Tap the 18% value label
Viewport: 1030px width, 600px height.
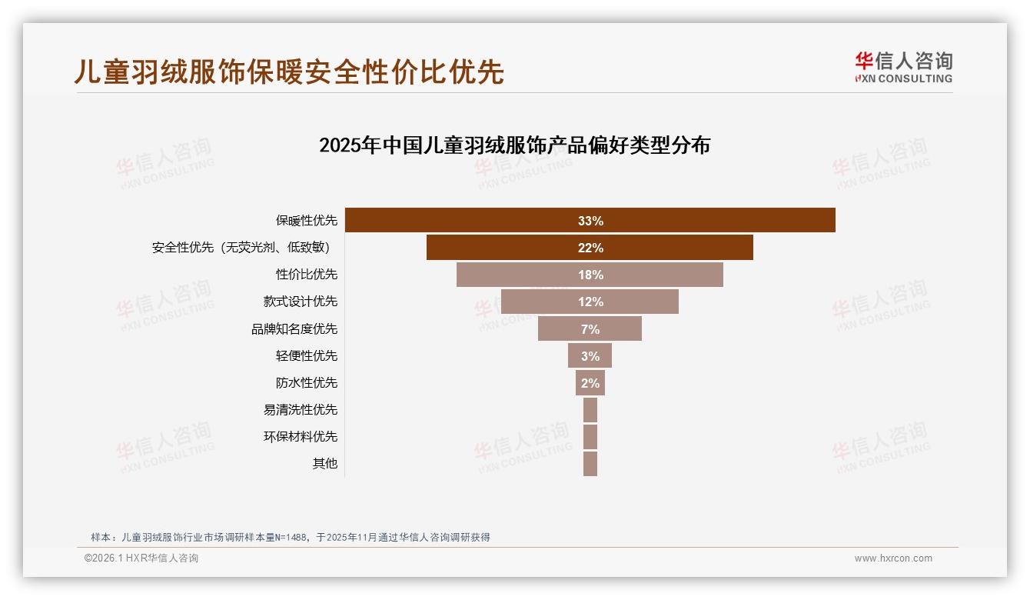pos(590,275)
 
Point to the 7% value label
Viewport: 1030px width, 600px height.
pos(590,329)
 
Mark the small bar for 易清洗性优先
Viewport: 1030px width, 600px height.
pos(590,410)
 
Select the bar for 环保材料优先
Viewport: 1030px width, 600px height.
pos(590,437)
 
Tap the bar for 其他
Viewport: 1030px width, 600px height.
pos(590,464)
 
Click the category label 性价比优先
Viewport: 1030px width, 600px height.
pos(307,275)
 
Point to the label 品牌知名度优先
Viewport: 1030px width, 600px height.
pos(294,329)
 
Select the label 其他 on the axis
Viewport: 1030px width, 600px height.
pos(324,464)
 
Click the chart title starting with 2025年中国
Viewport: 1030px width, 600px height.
pos(514,145)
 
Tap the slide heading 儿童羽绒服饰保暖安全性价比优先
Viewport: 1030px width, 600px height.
pos(289,71)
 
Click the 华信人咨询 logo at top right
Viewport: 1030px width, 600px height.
pos(903,67)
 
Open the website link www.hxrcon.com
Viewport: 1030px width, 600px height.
pos(893,558)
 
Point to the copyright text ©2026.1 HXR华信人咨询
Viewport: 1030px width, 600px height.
pos(141,558)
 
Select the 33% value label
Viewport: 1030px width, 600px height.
pos(590,221)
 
